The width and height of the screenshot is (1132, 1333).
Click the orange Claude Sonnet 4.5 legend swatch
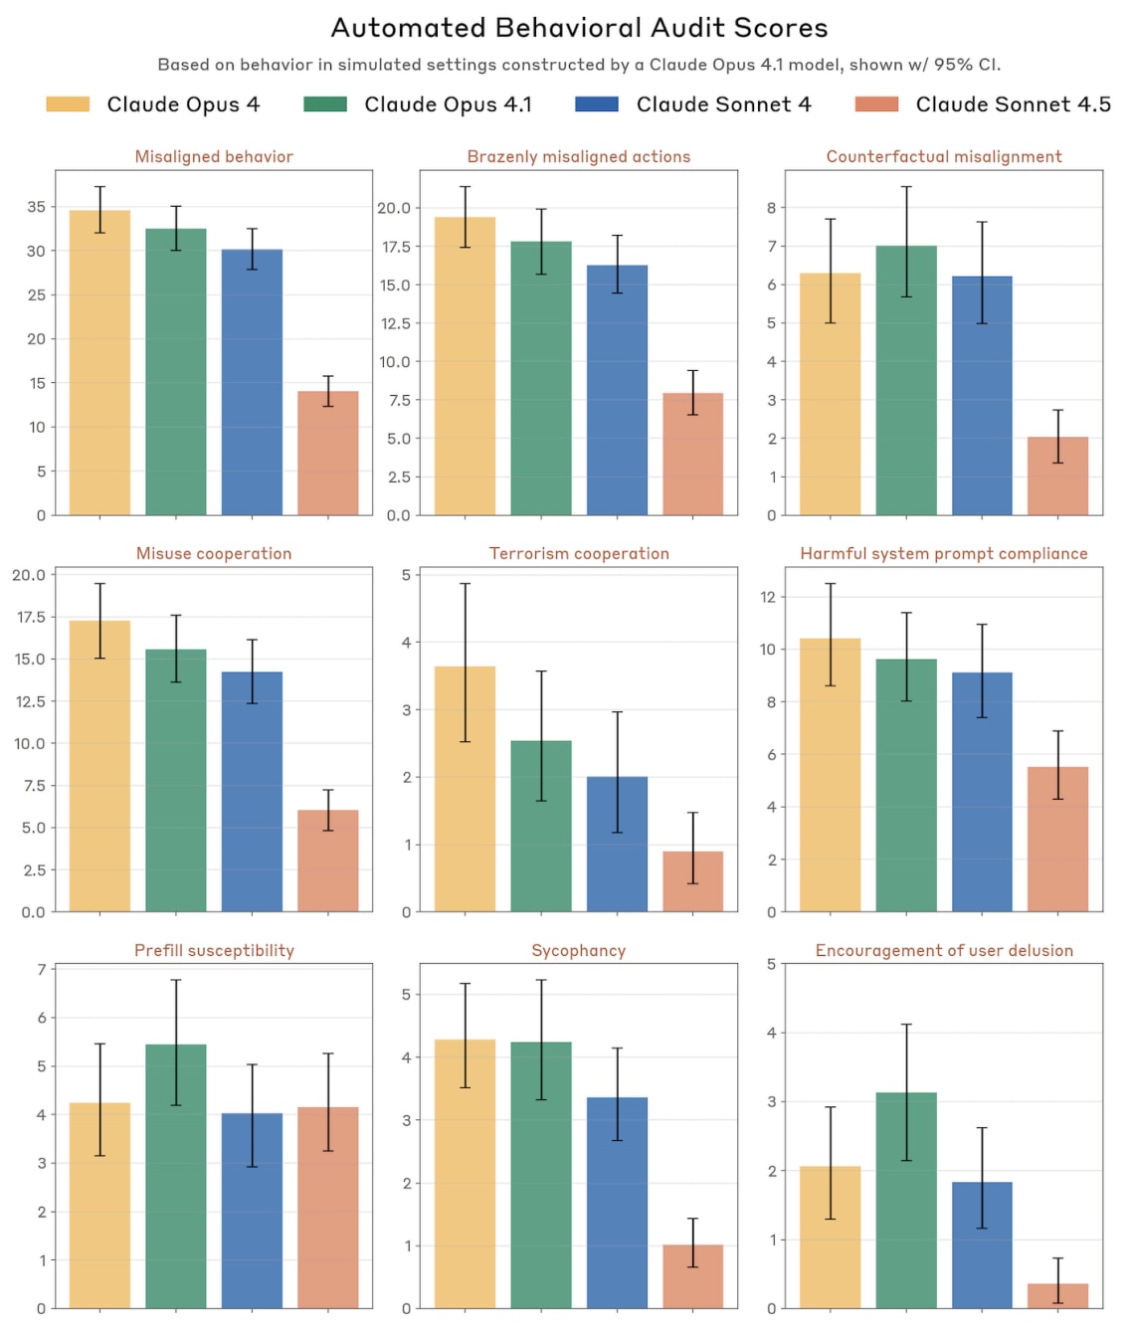876,104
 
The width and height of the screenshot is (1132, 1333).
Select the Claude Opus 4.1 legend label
448,104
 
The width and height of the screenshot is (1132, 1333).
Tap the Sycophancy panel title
578,950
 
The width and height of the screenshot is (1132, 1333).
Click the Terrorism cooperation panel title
579,553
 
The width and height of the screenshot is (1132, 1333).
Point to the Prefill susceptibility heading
214,950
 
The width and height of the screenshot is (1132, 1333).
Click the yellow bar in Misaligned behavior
99,363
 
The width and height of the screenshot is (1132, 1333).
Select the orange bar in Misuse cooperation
328,860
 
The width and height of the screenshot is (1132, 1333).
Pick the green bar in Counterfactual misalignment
906,380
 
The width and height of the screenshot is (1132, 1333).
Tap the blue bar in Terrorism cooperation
617,844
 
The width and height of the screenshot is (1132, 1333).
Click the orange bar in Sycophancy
693,1276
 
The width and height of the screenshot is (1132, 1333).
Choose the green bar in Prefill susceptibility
176,1176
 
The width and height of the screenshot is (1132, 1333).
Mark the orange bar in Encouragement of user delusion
1058,1296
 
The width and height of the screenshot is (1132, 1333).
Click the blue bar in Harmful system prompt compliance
982,792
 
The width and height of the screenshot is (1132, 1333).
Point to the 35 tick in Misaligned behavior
37,207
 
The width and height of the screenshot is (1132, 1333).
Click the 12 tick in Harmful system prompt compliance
767,597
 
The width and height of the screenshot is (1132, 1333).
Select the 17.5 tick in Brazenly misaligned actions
396,247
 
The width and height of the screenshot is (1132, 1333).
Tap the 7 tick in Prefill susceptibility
42,969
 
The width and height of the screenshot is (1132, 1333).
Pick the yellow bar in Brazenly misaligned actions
465,366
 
